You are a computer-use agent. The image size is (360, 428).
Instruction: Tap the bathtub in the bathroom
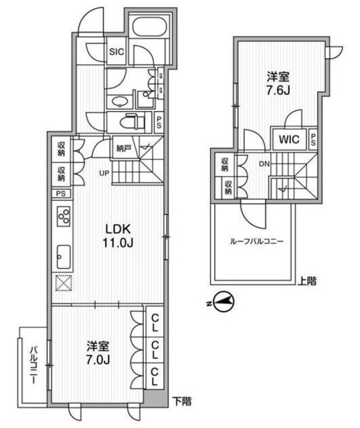click(151, 29)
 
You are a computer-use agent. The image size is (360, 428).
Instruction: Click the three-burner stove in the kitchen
click(63, 218)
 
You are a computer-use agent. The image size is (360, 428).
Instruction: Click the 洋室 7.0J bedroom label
click(98, 354)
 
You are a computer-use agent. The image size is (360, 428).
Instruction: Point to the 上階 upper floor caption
click(306, 282)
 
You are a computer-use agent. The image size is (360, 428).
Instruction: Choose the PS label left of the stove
click(61, 194)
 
